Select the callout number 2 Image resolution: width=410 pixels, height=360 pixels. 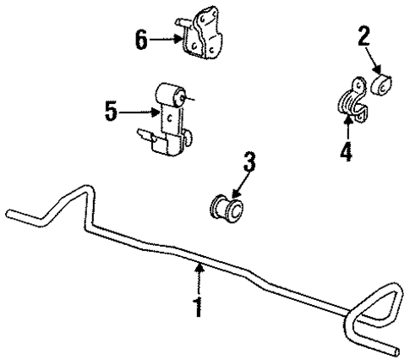pos(364,36)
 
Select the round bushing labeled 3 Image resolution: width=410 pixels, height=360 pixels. pos(226,206)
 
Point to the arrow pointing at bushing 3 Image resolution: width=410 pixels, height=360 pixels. pos(239,182)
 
